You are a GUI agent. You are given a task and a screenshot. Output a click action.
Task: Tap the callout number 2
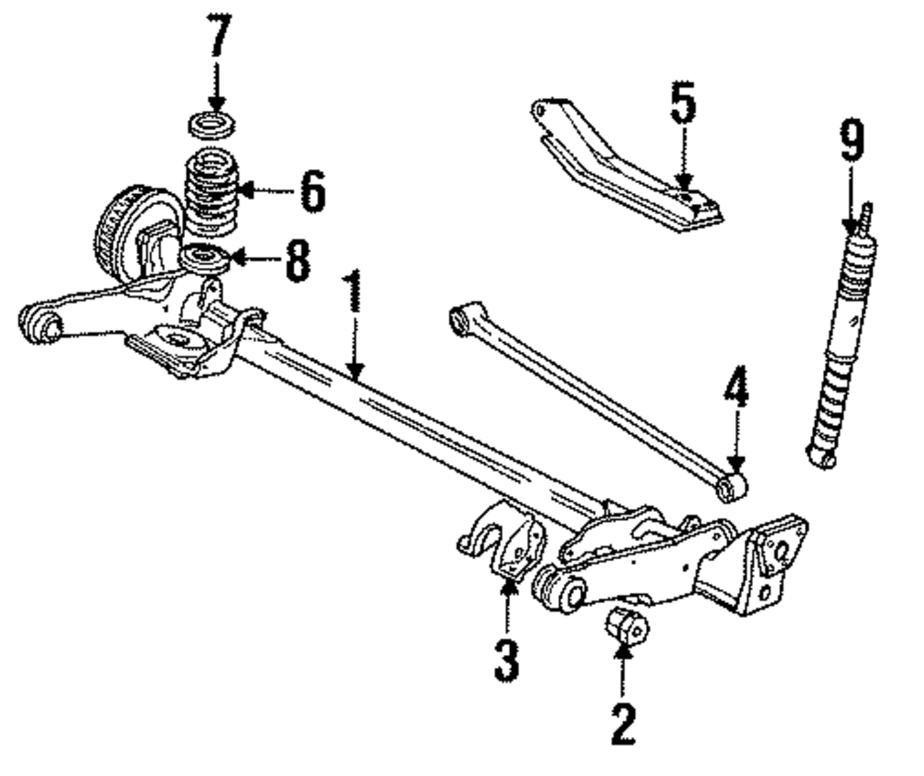pyautogui.click(x=623, y=725)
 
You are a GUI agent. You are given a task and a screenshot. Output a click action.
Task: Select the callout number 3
pyautogui.click(x=506, y=661)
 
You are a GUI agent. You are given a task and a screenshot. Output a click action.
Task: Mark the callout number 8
pyautogui.click(x=297, y=261)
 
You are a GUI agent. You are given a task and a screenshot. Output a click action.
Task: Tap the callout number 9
pyautogui.click(x=851, y=143)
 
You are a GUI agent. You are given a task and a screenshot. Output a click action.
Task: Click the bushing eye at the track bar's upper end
pyautogui.click(x=459, y=319)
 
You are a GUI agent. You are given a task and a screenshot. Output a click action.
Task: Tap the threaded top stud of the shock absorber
pyautogui.click(x=866, y=219)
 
